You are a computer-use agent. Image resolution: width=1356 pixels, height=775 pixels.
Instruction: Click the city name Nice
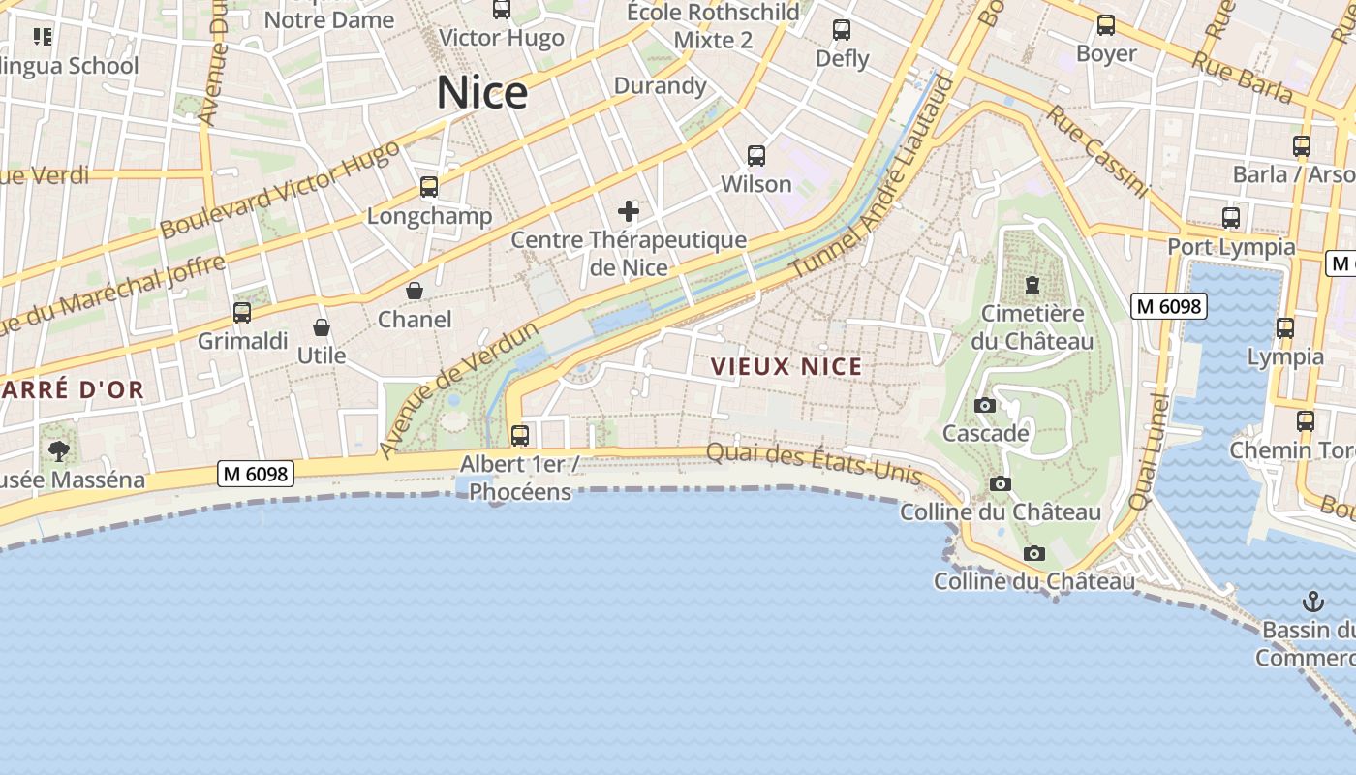tap(482, 93)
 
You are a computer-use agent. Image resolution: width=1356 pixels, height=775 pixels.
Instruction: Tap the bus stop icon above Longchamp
tap(429, 187)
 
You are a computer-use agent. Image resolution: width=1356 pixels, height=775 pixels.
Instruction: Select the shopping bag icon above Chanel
tap(415, 291)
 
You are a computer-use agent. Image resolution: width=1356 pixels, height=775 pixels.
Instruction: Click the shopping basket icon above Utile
tap(322, 327)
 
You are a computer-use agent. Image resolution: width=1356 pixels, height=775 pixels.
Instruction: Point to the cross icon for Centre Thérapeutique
tap(629, 211)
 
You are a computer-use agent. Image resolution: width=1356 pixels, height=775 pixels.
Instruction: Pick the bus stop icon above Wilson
tap(756, 155)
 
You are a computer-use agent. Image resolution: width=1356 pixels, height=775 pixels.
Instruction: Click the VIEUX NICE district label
tap(786, 367)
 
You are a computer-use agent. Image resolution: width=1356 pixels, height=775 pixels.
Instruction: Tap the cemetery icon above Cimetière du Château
tap(1032, 285)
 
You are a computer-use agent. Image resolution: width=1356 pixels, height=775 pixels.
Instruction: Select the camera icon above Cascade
tap(985, 405)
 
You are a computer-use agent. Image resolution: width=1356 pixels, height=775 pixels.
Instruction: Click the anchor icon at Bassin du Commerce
tap(1313, 601)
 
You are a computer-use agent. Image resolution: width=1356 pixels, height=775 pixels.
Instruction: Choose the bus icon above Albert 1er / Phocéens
tap(520, 435)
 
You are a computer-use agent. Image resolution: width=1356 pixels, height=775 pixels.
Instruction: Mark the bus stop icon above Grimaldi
tap(242, 313)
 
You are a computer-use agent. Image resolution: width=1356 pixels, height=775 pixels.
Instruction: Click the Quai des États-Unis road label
tap(814, 461)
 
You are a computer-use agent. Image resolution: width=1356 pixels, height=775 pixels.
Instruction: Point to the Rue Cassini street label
tap(1097, 152)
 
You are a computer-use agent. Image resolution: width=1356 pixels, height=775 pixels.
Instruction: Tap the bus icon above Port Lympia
tap(1231, 218)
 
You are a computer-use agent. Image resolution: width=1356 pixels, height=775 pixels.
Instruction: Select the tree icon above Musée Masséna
tap(59, 450)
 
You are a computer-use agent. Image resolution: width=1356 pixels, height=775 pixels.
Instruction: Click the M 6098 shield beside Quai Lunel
tap(1169, 307)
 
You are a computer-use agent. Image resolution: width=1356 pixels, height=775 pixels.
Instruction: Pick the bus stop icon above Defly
tap(842, 30)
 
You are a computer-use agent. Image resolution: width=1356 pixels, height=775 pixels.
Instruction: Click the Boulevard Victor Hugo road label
tap(280, 189)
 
